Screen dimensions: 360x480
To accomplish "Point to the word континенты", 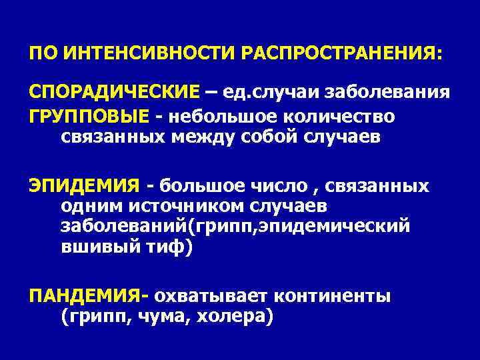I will [x=342, y=295].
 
